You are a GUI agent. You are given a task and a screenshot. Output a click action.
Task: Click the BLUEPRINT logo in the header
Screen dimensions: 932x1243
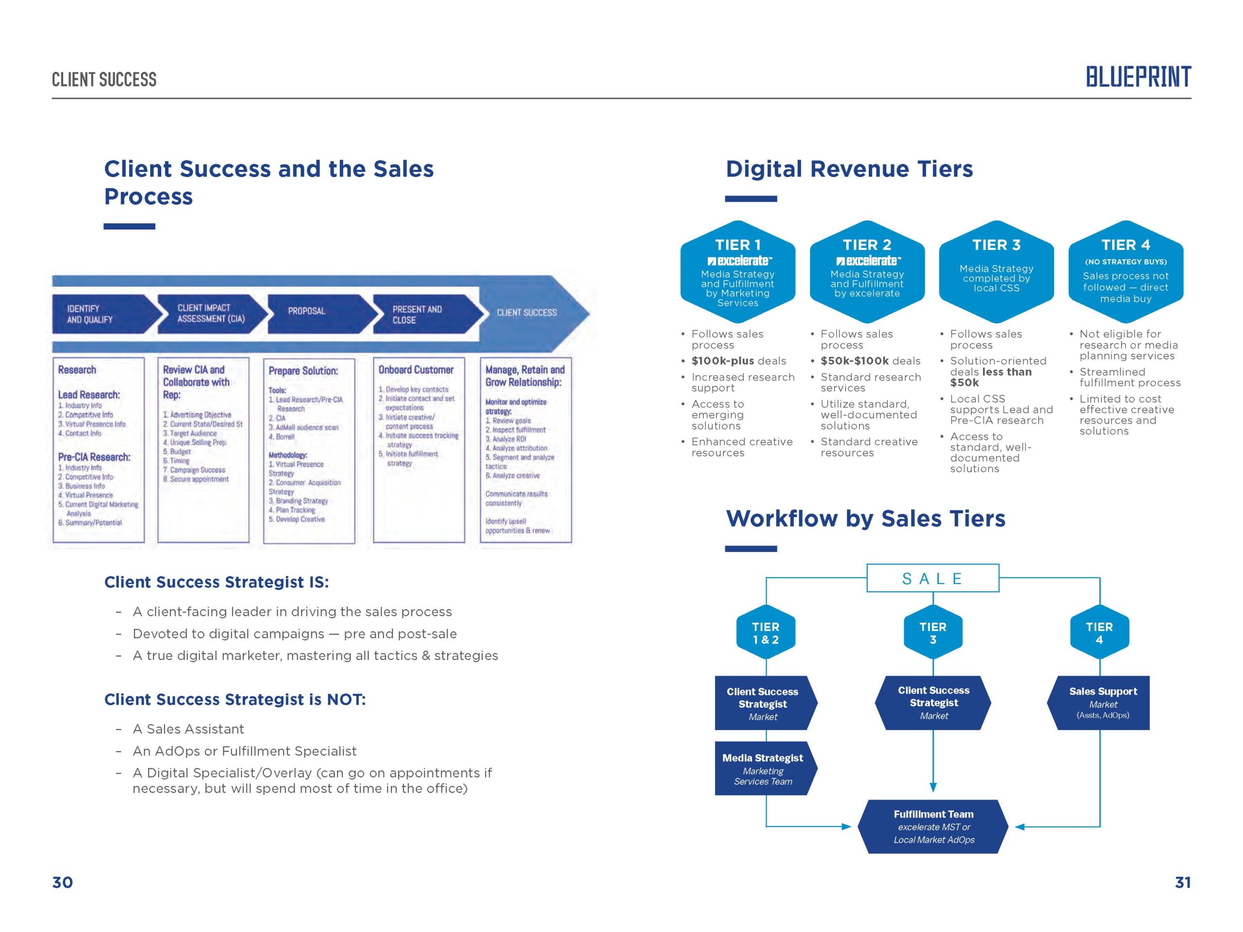point(1138,77)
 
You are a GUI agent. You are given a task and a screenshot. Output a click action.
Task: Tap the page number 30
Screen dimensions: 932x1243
point(62,882)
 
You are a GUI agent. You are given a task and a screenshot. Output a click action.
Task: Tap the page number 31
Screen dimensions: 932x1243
point(1182,882)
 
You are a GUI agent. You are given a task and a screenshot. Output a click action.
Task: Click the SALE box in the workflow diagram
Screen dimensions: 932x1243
point(932,579)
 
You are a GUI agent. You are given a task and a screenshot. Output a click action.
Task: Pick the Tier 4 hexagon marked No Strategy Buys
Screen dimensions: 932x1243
point(1125,272)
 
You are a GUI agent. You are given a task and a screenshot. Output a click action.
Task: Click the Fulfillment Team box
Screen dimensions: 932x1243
point(933,826)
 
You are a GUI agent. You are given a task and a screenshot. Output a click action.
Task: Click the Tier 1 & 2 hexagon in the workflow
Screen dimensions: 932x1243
point(765,633)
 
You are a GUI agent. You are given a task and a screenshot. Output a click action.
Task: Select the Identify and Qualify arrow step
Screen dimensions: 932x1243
point(101,314)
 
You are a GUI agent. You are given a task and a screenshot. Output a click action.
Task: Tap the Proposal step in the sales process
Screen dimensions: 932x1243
point(315,311)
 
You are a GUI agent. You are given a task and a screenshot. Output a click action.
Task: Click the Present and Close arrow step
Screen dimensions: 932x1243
point(421,315)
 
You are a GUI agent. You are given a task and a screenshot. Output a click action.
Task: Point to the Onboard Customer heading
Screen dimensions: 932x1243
point(416,370)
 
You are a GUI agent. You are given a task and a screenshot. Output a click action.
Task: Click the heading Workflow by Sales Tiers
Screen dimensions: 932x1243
point(865,519)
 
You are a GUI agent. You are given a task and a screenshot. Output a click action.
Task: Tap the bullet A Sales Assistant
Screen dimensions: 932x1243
point(188,729)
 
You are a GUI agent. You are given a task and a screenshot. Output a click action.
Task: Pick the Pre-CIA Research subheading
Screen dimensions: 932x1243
point(94,457)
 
